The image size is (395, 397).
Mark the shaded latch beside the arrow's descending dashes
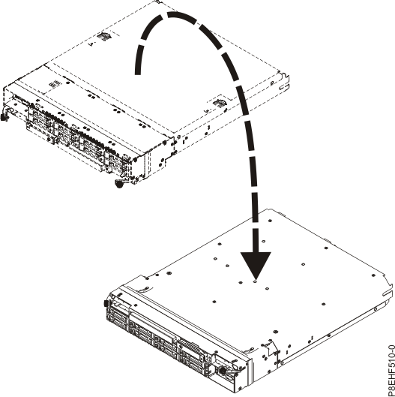pyautogui.click(x=218, y=101)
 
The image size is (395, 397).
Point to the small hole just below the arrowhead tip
pyautogui.click(x=256, y=284)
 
